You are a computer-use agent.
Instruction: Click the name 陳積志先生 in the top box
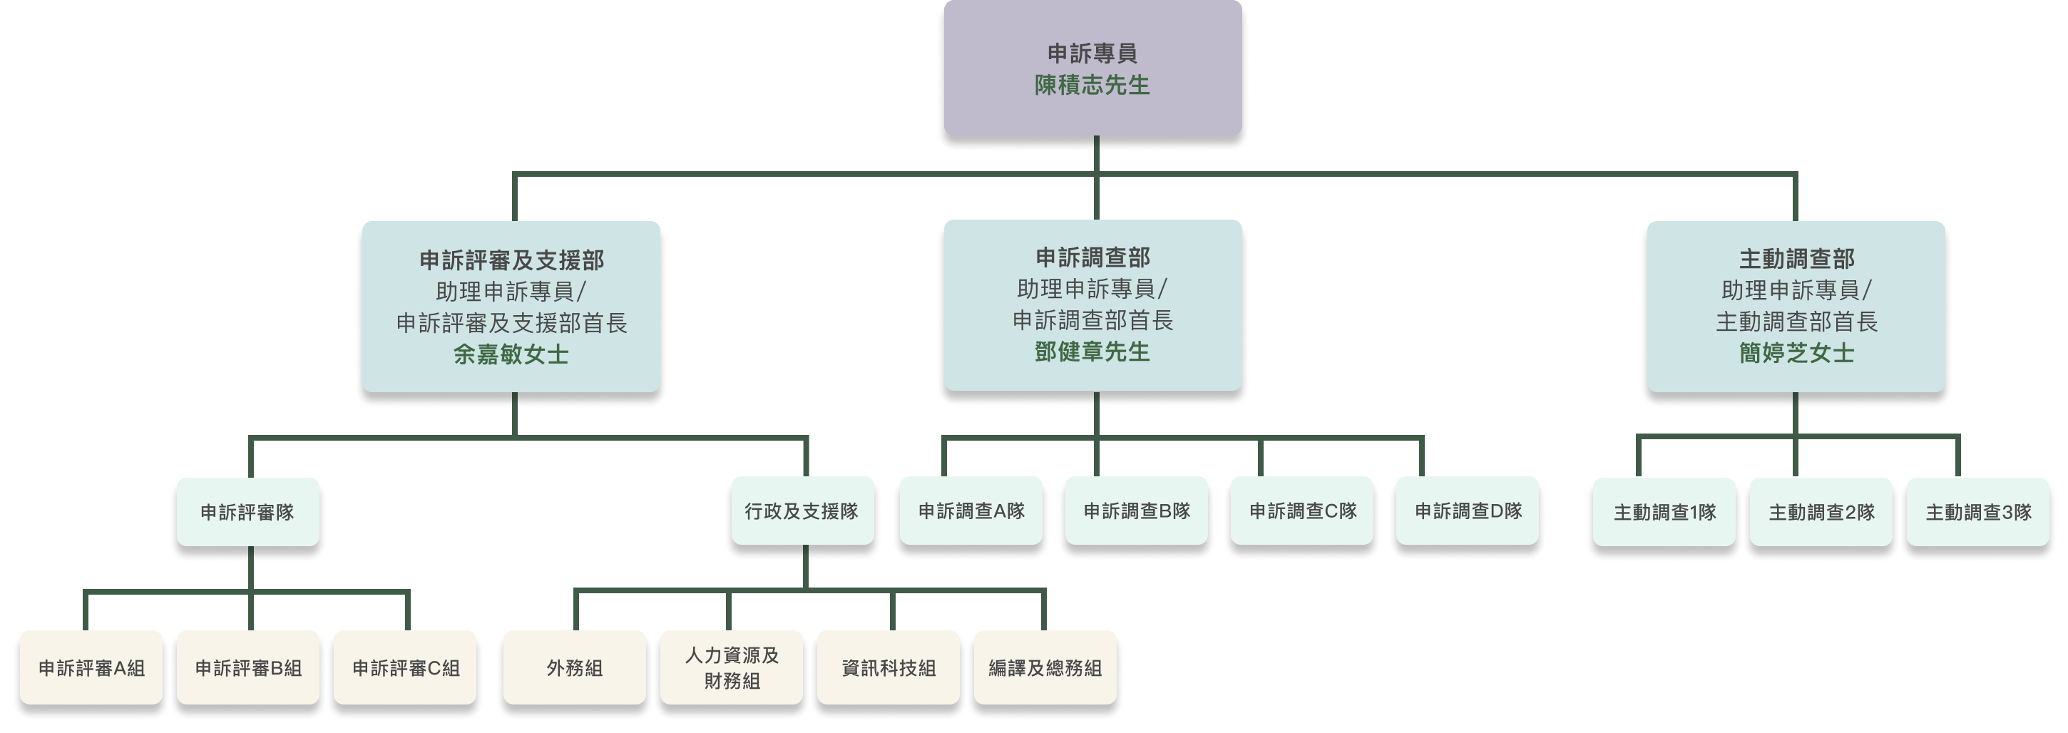[x=1092, y=85]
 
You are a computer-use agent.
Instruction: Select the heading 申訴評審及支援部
[x=511, y=260]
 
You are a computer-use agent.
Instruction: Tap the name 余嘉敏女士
[x=511, y=354]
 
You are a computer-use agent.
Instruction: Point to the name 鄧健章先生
[x=1092, y=352]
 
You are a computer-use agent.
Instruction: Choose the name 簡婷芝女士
[x=1796, y=353]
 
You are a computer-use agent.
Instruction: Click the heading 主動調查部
[x=1796, y=260]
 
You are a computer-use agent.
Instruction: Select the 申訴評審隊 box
[x=247, y=512]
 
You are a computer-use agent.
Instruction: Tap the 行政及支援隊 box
[x=802, y=511]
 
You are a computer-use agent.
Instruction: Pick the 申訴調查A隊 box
[x=971, y=511]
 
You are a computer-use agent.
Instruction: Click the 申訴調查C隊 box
[x=1303, y=511]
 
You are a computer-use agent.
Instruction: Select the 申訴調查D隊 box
[x=1468, y=511]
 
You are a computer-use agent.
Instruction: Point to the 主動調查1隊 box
[x=1665, y=512]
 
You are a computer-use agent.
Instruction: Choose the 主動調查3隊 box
[x=1978, y=512]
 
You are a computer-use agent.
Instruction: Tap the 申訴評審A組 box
[x=91, y=668]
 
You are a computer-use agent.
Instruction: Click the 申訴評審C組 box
[x=406, y=668]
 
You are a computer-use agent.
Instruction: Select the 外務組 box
[x=574, y=668]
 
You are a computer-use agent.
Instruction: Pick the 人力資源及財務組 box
[x=732, y=668]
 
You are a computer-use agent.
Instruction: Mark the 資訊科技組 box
[x=889, y=668]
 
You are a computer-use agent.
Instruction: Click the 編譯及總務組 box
[x=1045, y=668]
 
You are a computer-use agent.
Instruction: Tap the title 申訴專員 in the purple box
[x=1092, y=53]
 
